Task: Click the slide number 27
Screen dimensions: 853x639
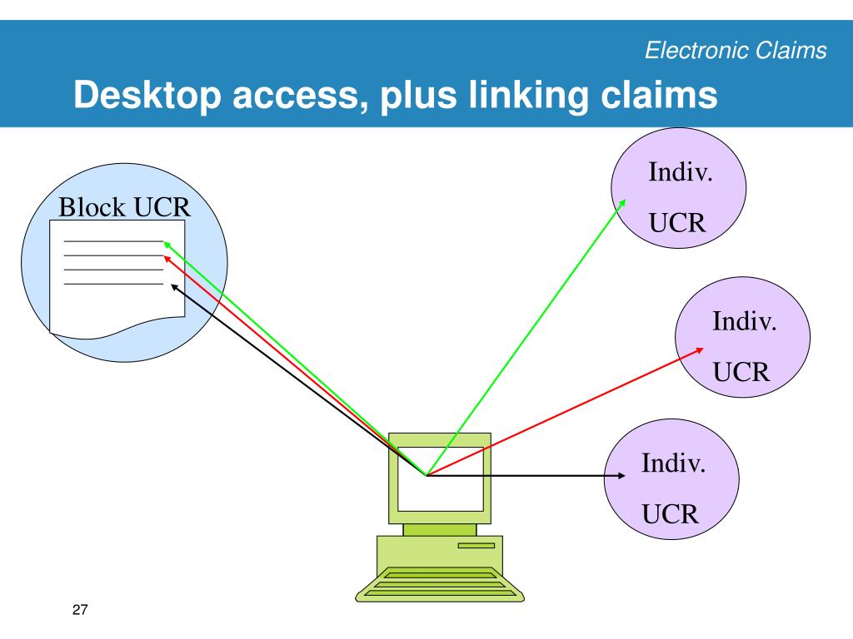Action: coord(80,610)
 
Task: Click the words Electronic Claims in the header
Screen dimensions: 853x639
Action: coord(736,50)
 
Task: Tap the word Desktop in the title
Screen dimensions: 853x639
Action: coord(147,96)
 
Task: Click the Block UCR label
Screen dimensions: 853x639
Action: coord(125,207)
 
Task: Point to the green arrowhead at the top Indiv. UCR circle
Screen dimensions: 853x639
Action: coord(621,203)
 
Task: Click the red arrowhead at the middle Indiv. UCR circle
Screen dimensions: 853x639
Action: coord(700,350)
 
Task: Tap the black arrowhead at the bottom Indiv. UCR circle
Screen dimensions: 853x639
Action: coord(621,476)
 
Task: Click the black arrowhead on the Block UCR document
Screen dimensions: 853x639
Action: coord(174,286)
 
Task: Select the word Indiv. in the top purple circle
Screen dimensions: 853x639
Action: coord(681,171)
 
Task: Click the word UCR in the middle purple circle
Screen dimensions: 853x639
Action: coord(741,372)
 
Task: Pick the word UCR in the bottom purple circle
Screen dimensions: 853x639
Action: coord(671,514)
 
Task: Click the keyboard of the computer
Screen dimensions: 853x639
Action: coord(440,584)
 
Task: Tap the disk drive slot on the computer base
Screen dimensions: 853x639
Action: coord(476,546)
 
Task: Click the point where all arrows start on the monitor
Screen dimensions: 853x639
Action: coord(426,475)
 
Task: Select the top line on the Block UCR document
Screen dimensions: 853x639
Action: coord(113,241)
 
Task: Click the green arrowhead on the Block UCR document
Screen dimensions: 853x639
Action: coord(167,245)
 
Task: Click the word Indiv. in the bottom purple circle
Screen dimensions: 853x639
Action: coord(673,463)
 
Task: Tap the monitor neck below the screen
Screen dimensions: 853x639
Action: coord(440,530)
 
